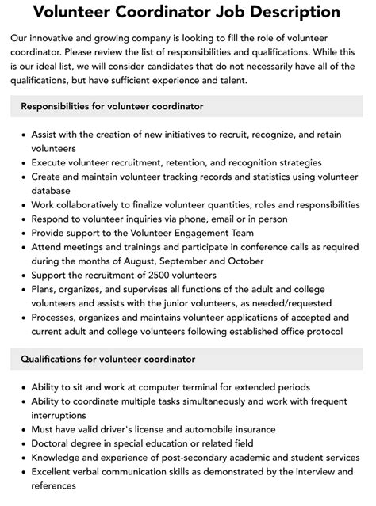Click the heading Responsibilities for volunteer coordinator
point(112,106)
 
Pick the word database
point(52,191)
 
